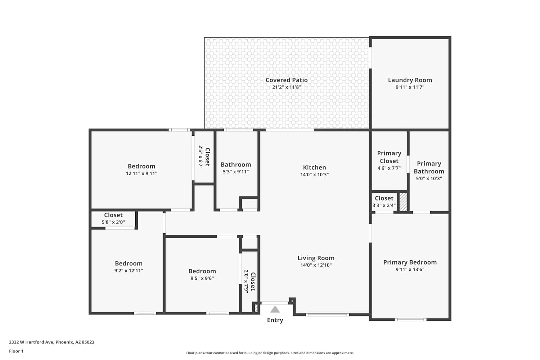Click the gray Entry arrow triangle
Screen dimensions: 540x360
(275, 309)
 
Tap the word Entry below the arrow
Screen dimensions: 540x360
(275, 320)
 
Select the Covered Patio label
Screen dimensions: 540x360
(287, 80)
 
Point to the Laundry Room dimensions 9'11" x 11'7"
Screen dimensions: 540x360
(410, 87)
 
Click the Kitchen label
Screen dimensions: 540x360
(314, 167)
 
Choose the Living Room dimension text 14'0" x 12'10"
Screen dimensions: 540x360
(316, 265)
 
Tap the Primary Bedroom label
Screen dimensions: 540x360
(410, 262)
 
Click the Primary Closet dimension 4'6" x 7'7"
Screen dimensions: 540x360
(389, 168)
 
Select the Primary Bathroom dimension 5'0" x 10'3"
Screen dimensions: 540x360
(429, 179)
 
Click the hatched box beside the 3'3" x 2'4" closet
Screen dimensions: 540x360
(403, 202)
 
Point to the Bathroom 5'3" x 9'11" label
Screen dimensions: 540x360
(236, 168)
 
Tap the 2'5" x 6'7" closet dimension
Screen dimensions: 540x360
(201, 157)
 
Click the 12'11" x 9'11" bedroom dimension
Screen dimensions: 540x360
(141, 174)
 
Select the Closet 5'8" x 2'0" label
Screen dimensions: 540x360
(113, 218)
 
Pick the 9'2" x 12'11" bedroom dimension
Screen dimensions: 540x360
(129, 271)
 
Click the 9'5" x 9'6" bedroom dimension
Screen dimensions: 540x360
(202, 278)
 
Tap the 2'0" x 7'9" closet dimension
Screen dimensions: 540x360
(246, 282)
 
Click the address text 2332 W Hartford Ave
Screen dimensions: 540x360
(31, 342)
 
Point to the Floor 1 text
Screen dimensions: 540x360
(16, 351)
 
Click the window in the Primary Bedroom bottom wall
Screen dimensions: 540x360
(410, 320)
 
